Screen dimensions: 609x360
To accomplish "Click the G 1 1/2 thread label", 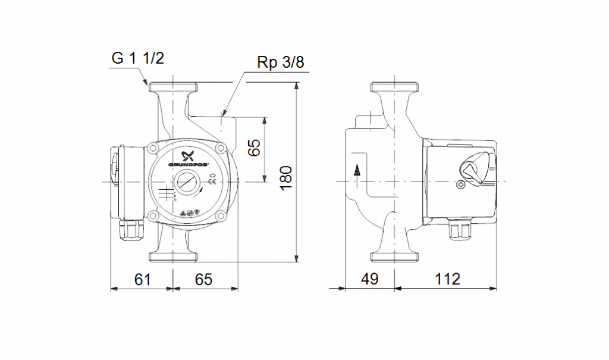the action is [137, 58].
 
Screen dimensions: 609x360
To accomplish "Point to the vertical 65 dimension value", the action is [255, 148].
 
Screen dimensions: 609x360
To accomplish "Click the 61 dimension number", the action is [141, 278].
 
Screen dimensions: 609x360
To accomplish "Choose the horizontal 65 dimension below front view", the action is [203, 278].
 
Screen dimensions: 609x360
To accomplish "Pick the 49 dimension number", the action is [369, 278].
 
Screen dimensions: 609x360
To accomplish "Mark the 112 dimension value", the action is [447, 278].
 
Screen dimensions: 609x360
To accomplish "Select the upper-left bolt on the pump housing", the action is [154, 146].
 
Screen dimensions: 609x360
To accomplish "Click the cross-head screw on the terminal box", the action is [462, 186].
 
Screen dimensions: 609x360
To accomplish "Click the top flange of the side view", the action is [395, 86].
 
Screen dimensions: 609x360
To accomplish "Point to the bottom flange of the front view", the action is [173, 256].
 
